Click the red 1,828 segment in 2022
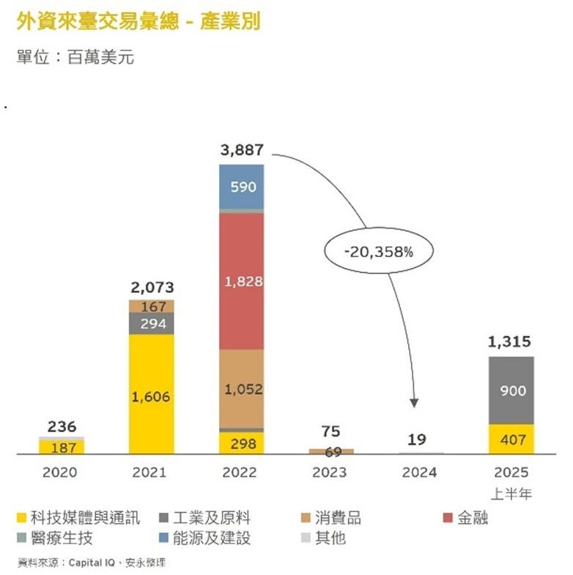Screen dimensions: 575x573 point(241,281)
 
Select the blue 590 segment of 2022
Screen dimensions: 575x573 point(241,187)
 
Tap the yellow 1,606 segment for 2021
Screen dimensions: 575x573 point(151,396)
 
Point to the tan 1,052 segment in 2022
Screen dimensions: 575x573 point(241,389)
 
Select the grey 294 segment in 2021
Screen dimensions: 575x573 point(151,324)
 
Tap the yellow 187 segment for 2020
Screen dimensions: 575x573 point(61,447)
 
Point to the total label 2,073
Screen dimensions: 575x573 point(151,287)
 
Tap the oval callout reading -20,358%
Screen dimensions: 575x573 point(378,251)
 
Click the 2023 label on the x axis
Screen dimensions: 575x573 point(330,472)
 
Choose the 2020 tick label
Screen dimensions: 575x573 point(60,472)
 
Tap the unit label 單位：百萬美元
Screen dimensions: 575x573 point(75,57)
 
